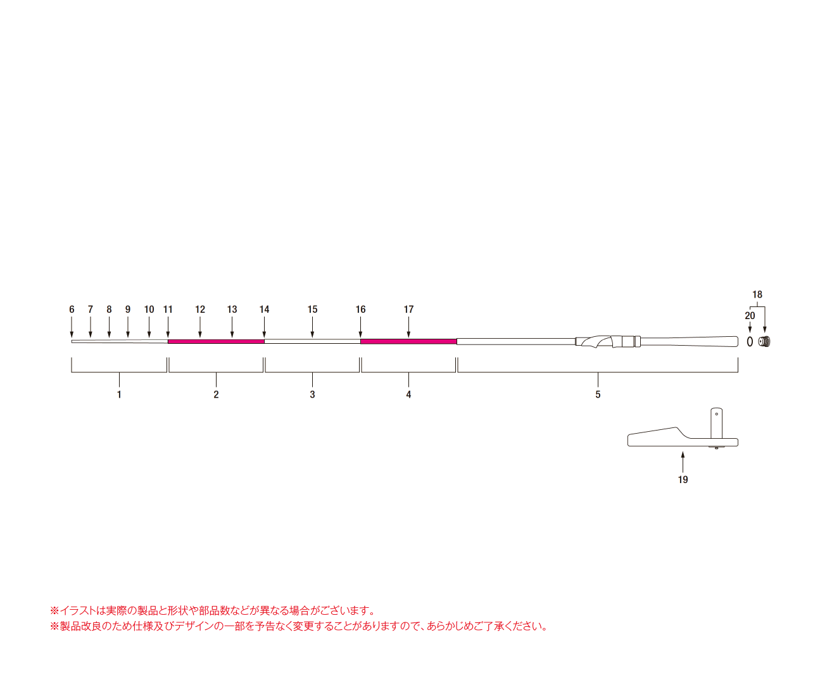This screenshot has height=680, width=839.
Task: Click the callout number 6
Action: [72, 310]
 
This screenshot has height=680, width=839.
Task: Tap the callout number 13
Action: [232, 310]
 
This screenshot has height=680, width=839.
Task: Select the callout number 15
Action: [312, 310]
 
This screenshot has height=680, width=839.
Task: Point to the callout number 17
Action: [408, 310]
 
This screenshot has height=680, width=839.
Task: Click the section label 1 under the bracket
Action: [119, 394]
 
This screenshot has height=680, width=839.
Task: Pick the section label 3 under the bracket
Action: [312, 394]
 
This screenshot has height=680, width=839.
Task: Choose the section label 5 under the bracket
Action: [598, 394]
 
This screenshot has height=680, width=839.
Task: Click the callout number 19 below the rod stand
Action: [683, 479]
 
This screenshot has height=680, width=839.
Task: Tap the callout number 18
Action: [757, 294]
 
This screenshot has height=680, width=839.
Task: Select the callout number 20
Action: [750, 316]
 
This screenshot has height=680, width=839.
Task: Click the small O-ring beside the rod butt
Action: [750, 342]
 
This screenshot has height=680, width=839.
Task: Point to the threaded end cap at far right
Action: [764, 342]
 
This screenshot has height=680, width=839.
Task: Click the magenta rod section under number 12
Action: [216, 342]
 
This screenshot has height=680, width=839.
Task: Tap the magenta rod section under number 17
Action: [408, 342]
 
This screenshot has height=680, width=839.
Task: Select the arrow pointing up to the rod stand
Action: [683, 462]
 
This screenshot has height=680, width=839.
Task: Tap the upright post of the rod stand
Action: [717, 423]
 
